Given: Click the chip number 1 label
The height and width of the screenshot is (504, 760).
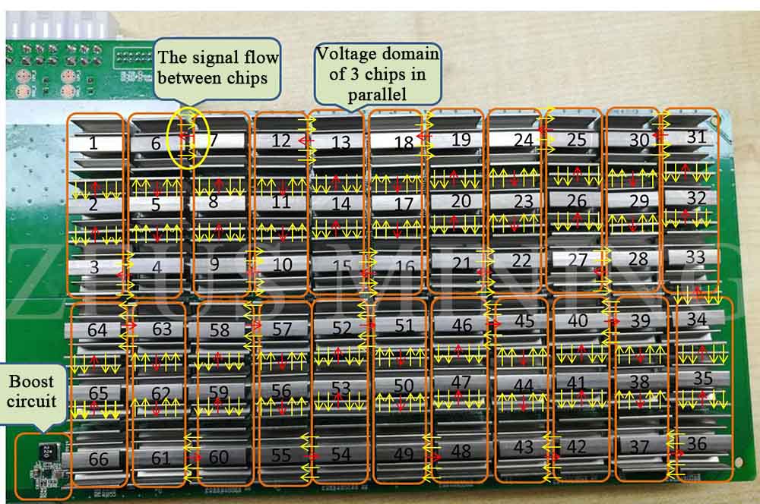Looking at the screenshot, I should click(93, 143).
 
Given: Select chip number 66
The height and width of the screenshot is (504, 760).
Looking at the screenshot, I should click(98, 458).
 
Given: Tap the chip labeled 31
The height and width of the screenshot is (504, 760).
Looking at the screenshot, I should click(696, 137).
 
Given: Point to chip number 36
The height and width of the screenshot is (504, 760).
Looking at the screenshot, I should click(696, 443).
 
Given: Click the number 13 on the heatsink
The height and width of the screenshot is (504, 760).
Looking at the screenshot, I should click(341, 142).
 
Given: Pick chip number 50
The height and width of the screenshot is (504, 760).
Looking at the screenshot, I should click(404, 386).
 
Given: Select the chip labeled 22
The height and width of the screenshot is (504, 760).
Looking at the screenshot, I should click(521, 260).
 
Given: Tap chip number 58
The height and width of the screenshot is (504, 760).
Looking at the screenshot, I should click(219, 330).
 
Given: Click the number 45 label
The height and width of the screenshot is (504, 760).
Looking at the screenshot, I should click(524, 321).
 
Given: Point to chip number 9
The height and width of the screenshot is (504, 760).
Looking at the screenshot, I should click(214, 264).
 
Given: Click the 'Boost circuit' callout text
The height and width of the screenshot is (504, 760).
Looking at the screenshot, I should click(33, 389).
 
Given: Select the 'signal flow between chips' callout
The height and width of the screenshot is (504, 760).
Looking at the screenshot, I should click(217, 66).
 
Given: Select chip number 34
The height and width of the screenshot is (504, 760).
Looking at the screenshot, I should click(696, 319).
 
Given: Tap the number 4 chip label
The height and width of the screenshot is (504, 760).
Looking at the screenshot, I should click(156, 266).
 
